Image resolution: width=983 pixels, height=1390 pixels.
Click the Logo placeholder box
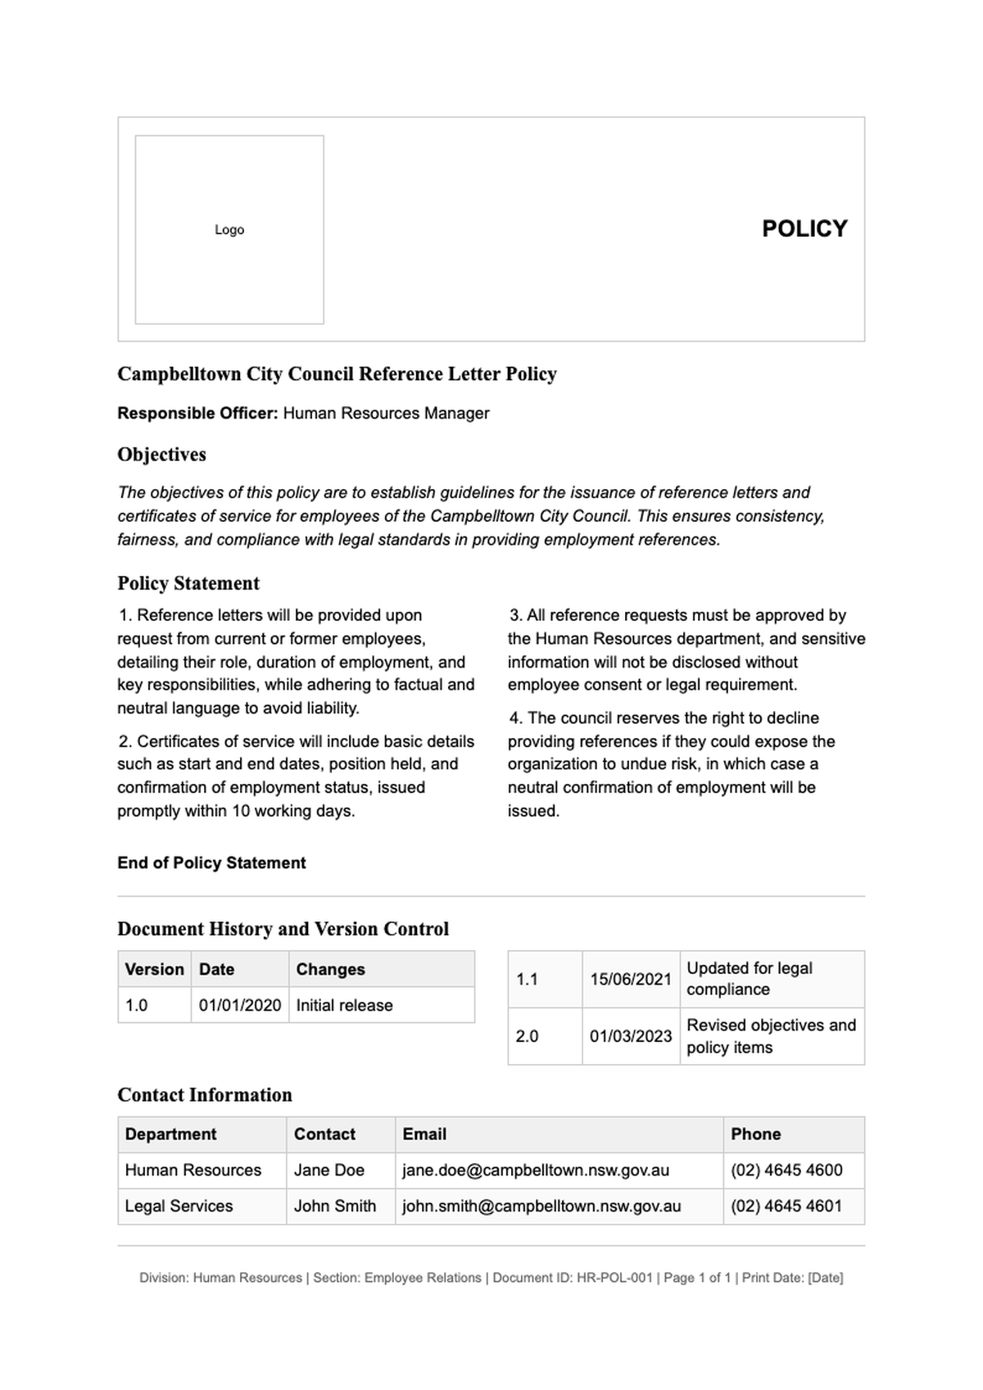[229, 229]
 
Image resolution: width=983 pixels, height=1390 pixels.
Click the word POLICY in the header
[804, 229]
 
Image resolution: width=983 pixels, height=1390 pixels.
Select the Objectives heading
[161, 455]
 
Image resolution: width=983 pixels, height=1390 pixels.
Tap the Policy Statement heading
[188, 583]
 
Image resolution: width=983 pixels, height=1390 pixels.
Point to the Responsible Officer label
[197, 414]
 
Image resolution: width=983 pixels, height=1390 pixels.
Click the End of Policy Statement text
[211, 863]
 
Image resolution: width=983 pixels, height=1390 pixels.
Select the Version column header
[154, 969]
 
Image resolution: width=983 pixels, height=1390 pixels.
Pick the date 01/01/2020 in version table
[240, 1005]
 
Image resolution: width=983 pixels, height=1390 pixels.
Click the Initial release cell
[344, 1005]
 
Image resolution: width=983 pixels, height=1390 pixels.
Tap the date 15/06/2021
[631, 979]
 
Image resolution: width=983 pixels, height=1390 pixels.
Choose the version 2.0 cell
[528, 1036]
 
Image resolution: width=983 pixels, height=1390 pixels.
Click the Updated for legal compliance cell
[750, 979]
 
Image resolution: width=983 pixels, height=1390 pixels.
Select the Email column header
[424, 1134]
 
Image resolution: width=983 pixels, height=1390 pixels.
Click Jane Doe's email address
[536, 1170]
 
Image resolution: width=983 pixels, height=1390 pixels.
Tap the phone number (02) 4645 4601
[786, 1207]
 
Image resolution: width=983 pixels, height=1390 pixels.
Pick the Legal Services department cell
[179, 1207]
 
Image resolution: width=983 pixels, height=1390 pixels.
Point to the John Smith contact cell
[335, 1207]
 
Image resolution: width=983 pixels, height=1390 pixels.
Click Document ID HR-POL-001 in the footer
[573, 1278]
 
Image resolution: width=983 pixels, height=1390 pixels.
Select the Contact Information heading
[205, 1095]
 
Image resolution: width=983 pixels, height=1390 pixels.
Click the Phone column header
[755, 1134]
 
